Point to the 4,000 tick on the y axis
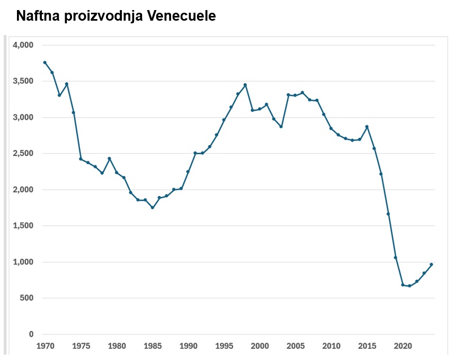pos(22,45)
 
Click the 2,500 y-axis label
pos(22,154)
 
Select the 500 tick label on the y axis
pos(26,298)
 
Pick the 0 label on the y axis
pos(31,335)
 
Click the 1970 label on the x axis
pos(45,346)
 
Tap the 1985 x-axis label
pos(153,346)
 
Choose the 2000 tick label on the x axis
pos(260,346)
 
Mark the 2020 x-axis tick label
pos(403,346)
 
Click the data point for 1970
pos(45,63)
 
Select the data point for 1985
pos(153,208)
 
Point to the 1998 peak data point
pos(245,85)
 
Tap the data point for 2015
pos(367,127)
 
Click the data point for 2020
pos(403,285)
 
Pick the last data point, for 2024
pos(431,264)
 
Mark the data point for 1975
pos(81,159)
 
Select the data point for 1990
pos(188,172)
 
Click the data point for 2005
pos(295,95)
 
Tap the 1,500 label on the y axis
pos(22,226)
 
